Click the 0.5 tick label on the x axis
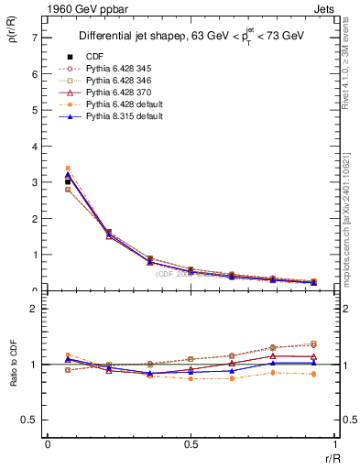(191, 444)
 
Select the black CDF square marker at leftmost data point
(68, 182)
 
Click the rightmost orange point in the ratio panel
(313, 374)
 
